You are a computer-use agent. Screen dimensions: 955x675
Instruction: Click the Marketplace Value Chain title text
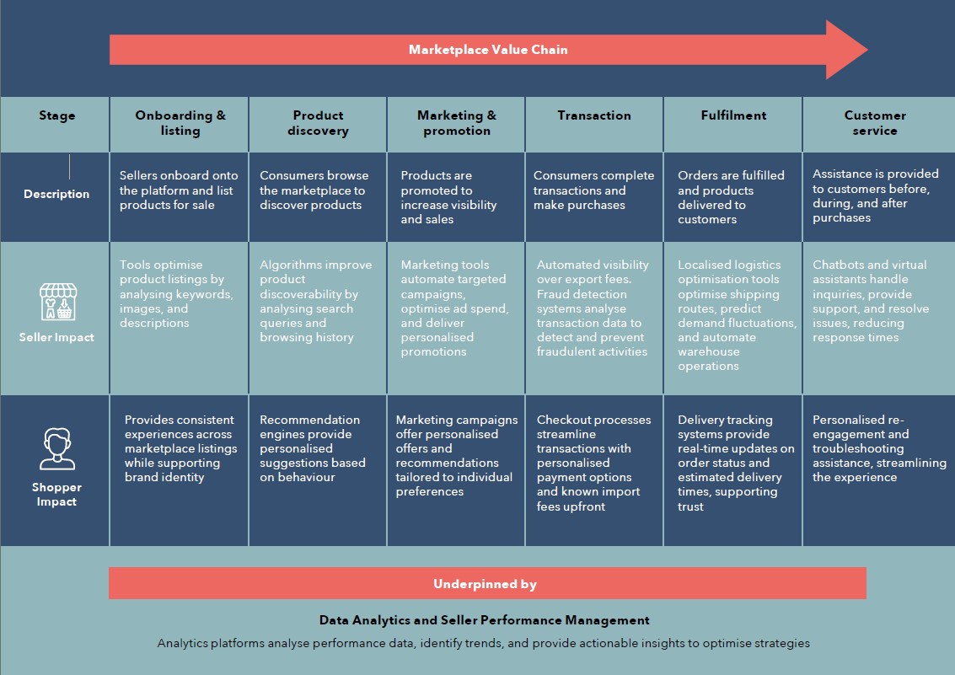pyautogui.click(x=488, y=50)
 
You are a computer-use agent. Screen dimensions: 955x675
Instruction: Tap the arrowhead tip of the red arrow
pyautogui.click(x=867, y=50)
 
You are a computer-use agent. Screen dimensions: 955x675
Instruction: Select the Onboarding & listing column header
pyautogui.click(x=180, y=123)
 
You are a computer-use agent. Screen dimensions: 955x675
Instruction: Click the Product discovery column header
pyautogui.click(x=318, y=123)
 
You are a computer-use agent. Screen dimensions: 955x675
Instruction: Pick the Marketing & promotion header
pyautogui.click(x=457, y=123)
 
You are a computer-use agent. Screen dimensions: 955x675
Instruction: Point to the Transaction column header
pyautogui.click(x=594, y=115)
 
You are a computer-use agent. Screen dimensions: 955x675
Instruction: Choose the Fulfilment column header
pyautogui.click(x=733, y=115)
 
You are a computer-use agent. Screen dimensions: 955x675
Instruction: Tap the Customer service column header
pyautogui.click(x=875, y=123)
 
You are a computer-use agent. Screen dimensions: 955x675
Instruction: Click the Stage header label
pyautogui.click(x=56, y=115)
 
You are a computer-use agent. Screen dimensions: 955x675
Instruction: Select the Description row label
pyautogui.click(x=56, y=194)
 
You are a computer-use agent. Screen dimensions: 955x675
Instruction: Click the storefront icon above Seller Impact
pyautogui.click(x=58, y=302)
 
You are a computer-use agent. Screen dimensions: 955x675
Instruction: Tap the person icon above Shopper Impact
pyautogui.click(x=57, y=449)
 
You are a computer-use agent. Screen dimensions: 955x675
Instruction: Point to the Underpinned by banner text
pyautogui.click(x=485, y=584)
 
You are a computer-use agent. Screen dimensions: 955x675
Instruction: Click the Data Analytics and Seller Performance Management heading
pyautogui.click(x=484, y=620)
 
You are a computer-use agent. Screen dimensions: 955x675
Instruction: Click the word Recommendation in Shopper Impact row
pyautogui.click(x=309, y=420)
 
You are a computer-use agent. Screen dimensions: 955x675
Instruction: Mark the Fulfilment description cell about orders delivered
pyautogui.click(x=731, y=197)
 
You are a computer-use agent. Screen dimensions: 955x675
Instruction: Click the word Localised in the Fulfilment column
pyautogui.click(x=704, y=265)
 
